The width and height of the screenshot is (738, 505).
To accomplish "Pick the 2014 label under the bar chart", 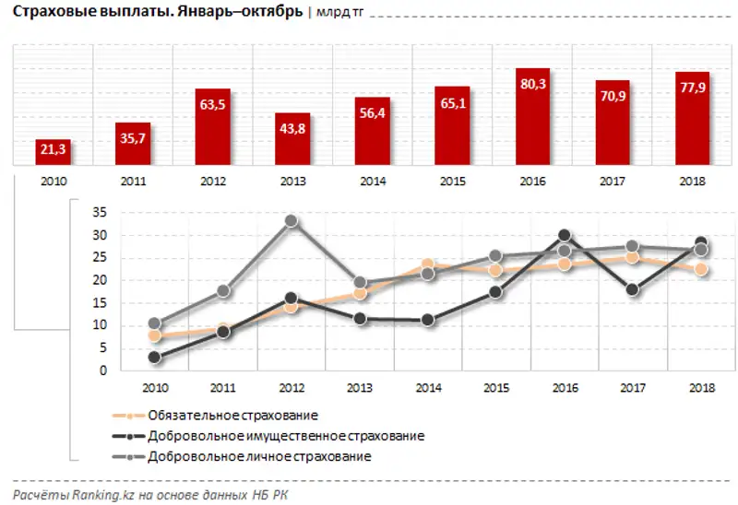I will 374,182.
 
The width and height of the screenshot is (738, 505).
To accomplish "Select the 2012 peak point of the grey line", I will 291,221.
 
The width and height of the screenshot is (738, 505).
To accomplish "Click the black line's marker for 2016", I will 565,236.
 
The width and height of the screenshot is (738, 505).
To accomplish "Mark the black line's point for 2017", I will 632,289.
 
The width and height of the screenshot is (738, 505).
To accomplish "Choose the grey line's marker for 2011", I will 222,291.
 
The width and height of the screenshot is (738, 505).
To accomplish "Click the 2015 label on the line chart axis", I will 495,388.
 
